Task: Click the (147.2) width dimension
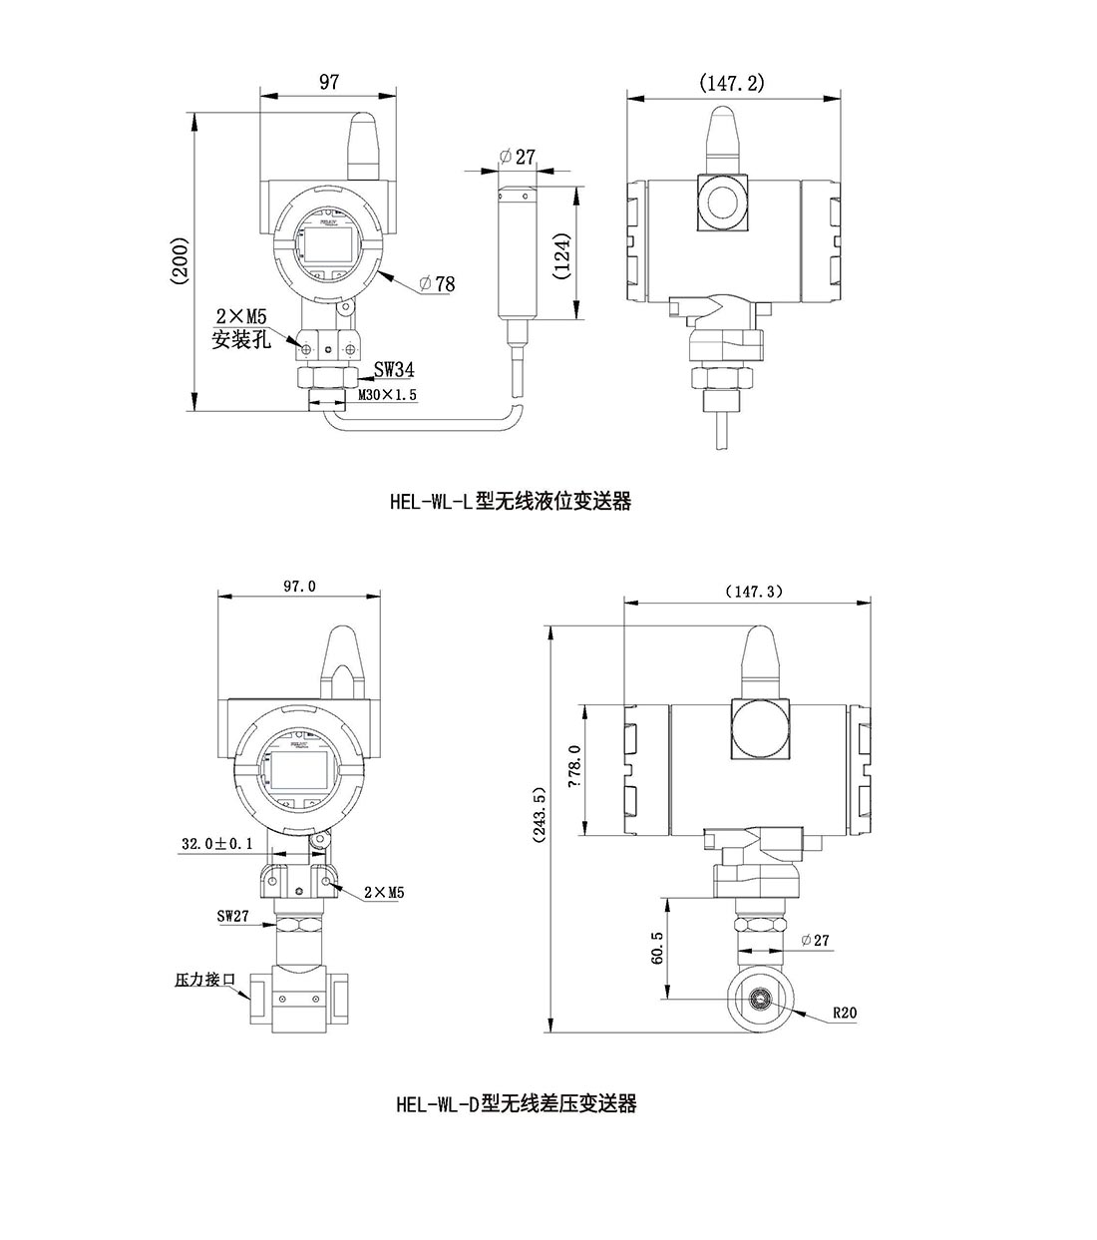tap(732, 83)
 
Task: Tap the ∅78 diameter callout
tap(437, 284)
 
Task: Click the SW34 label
tap(393, 370)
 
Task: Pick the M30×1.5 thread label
tap(387, 395)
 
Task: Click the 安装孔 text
tap(241, 339)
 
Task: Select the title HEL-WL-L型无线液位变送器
tap(511, 501)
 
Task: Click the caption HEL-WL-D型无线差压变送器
tap(516, 1103)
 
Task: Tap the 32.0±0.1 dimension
tap(216, 844)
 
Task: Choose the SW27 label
tap(233, 916)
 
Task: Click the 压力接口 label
tap(205, 981)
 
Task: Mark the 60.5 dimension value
tap(656, 948)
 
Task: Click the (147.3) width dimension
tap(754, 591)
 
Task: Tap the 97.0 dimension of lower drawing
tap(299, 587)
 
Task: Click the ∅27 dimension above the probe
tap(515, 157)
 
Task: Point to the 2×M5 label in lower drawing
tap(383, 893)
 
